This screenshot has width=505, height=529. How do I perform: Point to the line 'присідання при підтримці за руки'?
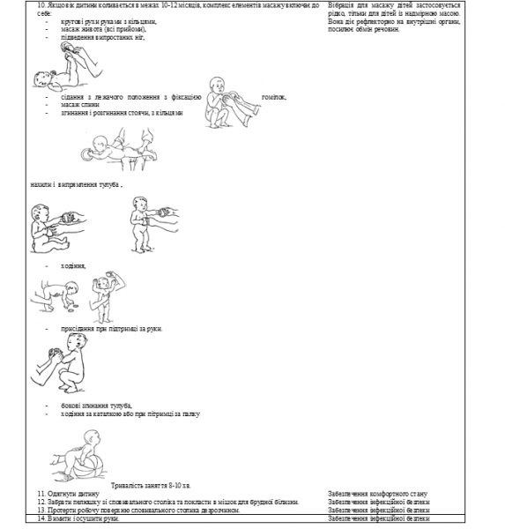coord(111,328)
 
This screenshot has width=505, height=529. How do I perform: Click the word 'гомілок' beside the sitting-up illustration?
coord(275,97)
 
